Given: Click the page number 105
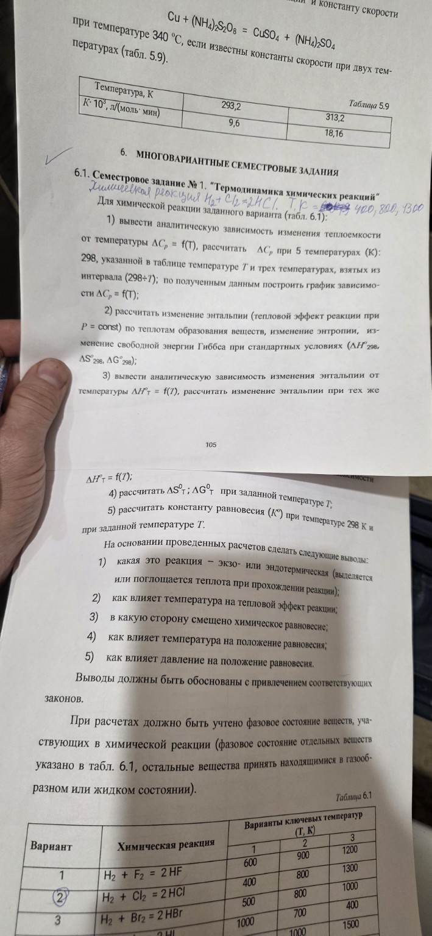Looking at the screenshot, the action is tap(211, 445).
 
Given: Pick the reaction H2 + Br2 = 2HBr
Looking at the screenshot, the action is tap(145, 916).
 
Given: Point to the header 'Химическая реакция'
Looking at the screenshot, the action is tap(166, 844).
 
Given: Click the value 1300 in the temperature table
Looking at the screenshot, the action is tap(350, 868).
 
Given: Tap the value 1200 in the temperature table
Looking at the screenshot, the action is tap(349, 849).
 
